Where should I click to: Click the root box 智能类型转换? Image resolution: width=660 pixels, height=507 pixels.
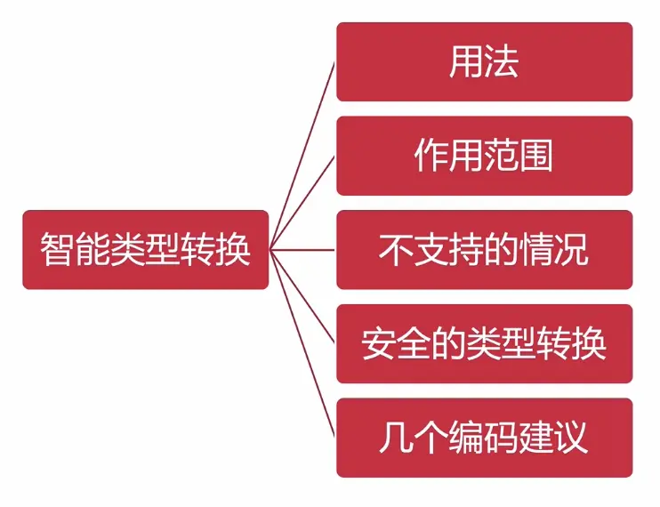click(145, 250)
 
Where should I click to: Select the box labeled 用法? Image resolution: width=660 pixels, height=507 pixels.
click(484, 62)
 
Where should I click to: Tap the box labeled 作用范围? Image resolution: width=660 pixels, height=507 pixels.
click(484, 156)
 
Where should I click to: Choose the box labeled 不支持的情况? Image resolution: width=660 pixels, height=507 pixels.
click(484, 250)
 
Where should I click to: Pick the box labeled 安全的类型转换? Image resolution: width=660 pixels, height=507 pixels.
click(484, 343)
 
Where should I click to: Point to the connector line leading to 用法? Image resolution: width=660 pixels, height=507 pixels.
click(302, 156)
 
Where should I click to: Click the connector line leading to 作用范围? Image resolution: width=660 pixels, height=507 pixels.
click(302, 203)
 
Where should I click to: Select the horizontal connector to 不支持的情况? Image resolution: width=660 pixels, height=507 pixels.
click(302, 250)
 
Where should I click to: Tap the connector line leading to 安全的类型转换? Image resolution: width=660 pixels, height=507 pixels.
click(302, 296)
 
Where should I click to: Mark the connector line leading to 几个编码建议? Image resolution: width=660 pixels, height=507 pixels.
click(302, 343)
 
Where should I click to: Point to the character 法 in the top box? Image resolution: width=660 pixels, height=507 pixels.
click(502, 62)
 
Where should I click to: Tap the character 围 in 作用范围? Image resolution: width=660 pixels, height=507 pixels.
click(536, 156)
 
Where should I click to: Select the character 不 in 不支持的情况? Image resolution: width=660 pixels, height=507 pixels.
click(396, 250)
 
